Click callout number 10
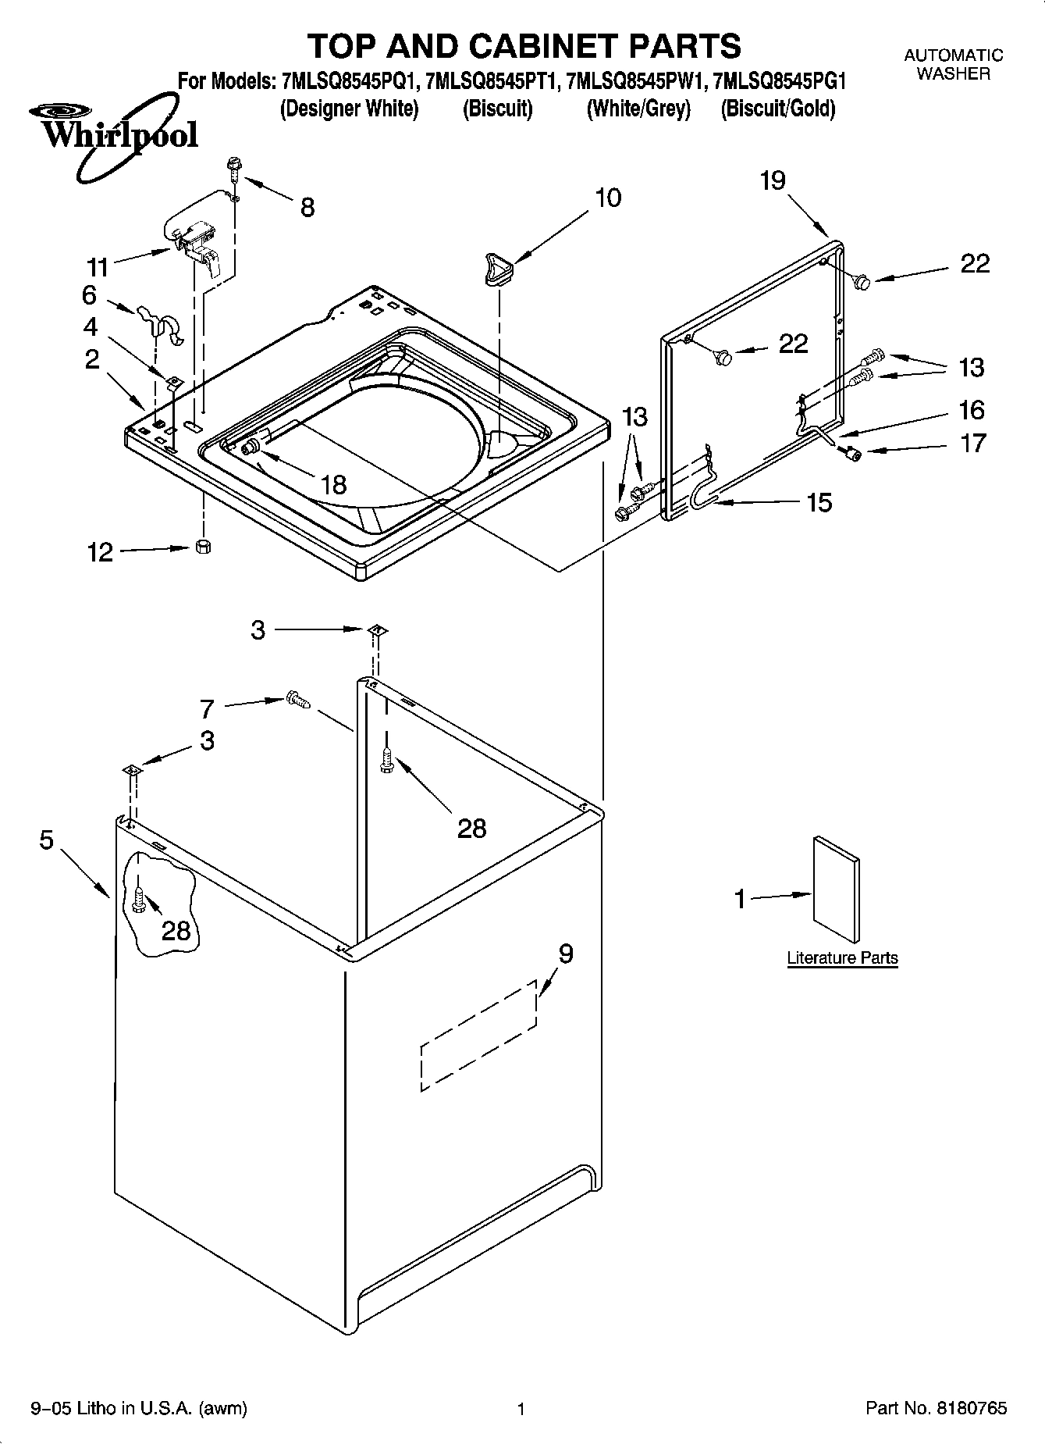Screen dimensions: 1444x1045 coord(608,198)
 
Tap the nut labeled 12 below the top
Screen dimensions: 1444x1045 coord(202,547)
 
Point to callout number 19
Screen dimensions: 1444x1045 coord(773,181)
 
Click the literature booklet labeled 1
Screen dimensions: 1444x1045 coord(837,890)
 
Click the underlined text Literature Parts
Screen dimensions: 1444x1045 coord(842,958)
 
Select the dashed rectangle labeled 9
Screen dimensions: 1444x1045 coord(478,1035)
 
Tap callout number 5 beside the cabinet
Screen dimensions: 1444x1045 coord(46,841)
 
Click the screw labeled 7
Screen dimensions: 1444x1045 coord(297,700)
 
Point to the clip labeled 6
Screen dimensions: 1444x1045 coord(158,321)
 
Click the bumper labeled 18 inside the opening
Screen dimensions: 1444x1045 coord(251,447)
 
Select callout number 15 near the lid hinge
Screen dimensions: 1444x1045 coord(819,502)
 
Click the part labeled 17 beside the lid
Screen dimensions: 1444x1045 coord(852,454)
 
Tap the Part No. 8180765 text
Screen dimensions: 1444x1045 coord(936,1409)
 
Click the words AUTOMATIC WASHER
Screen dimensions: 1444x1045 coord(953,64)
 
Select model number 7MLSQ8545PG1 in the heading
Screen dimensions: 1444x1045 coord(780,81)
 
